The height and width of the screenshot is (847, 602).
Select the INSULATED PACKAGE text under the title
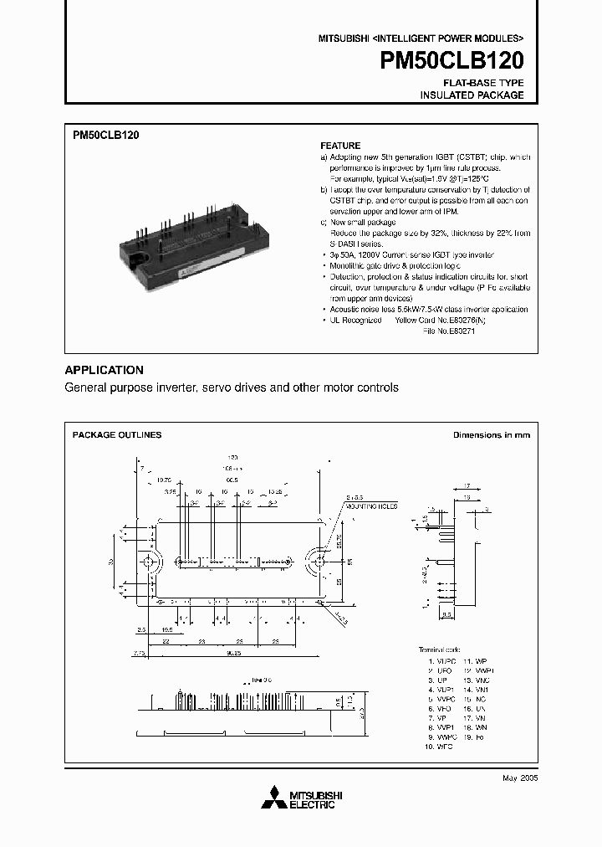tap(472, 95)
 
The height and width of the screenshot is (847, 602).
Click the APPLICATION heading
tap(105, 370)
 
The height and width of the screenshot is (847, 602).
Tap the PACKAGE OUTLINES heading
tap(117, 435)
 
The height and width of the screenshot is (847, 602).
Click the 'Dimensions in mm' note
tap(491, 435)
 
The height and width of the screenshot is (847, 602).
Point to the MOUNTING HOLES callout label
tap(372, 506)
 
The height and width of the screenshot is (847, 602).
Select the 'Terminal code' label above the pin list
tap(439, 649)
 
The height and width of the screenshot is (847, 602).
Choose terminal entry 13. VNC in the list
tap(479, 680)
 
